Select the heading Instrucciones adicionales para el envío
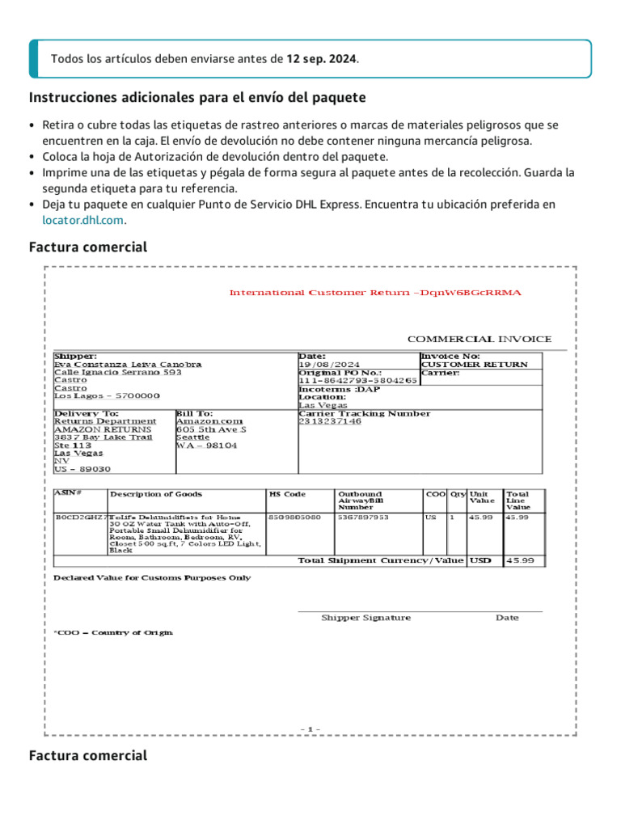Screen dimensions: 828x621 (197, 98)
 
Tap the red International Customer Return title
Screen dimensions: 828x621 (375, 293)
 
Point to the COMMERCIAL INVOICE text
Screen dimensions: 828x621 (479, 340)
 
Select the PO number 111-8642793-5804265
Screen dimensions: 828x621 (357, 380)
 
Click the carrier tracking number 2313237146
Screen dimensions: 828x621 (330, 421)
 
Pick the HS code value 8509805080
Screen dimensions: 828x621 (289, 517)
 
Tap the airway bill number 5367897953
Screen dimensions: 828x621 (363, 517)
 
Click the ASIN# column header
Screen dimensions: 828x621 (68, 492)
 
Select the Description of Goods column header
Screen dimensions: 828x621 (156, 494)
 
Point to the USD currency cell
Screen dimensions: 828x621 (480, 560)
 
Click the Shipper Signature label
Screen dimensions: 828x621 (365, 618)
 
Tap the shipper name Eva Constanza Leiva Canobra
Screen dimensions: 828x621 (128, 365)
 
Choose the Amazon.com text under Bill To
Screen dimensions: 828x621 (209, 421)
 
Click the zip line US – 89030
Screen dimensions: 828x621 (82, 469)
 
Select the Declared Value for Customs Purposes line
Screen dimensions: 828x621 (152, 578)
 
